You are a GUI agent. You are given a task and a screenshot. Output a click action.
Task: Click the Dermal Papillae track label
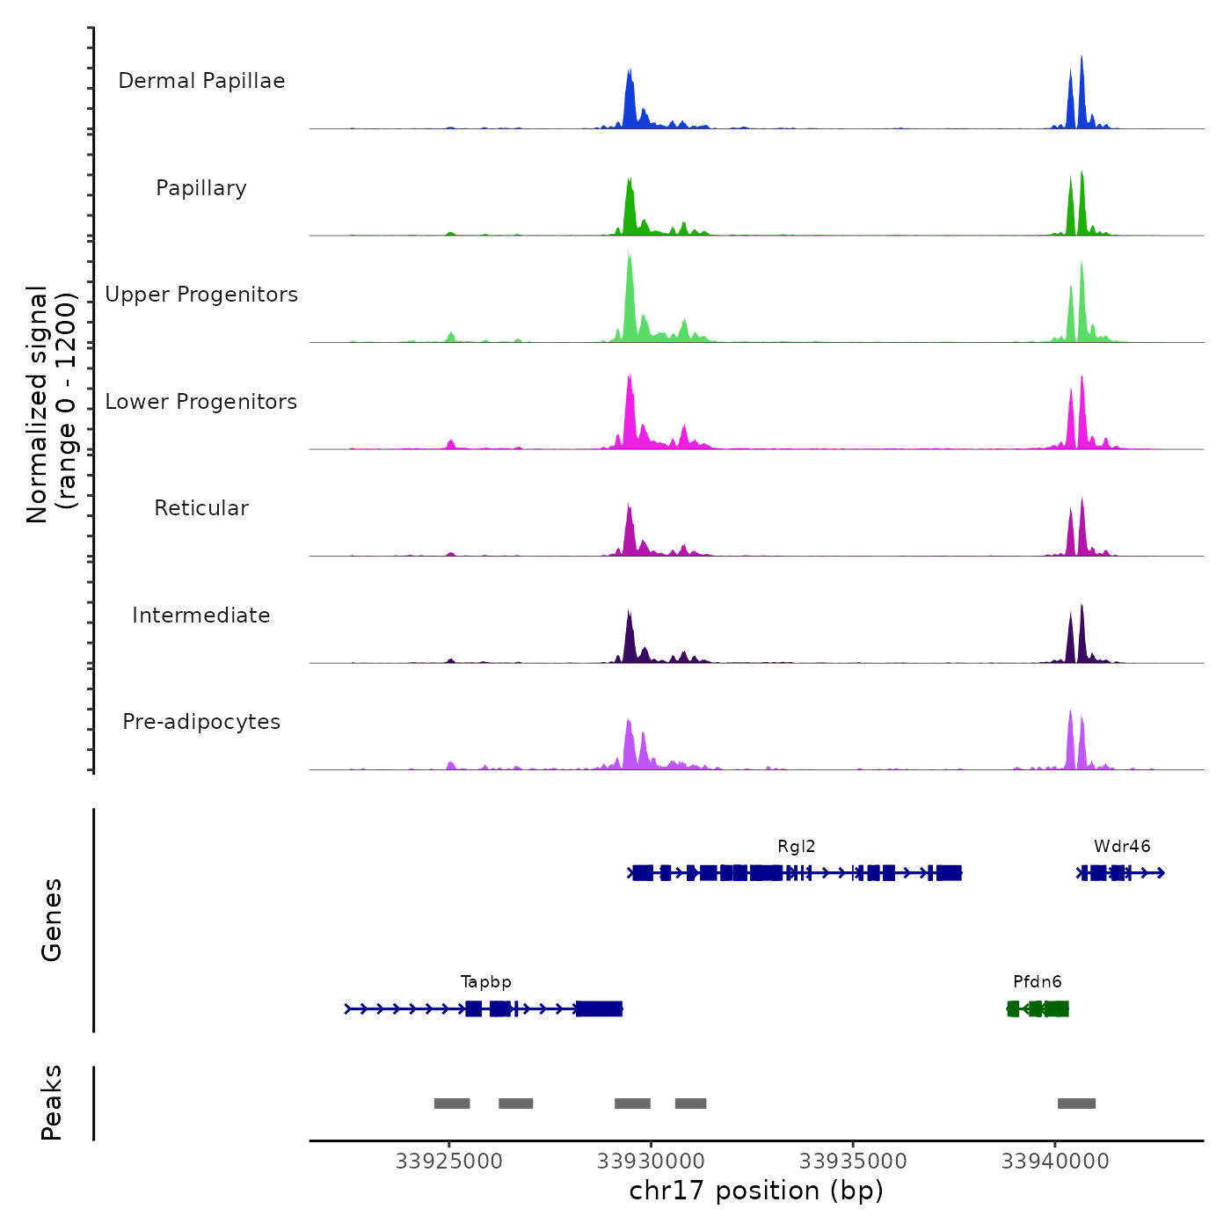point(201,81)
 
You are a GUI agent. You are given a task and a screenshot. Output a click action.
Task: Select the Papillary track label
point(201,188)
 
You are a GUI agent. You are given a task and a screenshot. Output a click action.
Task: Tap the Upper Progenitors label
point(201,295)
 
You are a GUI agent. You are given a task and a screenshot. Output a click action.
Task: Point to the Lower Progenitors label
point(201,402)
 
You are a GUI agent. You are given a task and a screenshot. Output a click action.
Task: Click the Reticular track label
point(201,508)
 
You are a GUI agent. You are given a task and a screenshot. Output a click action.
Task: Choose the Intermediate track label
point(201,615)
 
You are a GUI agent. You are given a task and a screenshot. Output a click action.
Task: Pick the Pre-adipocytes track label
point(201,722)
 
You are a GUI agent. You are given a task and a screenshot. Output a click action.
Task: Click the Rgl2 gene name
point(796,847)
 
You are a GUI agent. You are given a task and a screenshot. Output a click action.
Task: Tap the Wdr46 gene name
point(1122,847)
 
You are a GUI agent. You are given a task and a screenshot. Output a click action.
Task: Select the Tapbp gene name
point(485,982)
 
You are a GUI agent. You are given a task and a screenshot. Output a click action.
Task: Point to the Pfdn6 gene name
point(1038,982)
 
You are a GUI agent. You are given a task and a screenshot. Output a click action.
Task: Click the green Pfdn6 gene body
point(1038,1009)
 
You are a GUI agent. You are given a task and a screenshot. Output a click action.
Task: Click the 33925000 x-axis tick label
point(449,1162)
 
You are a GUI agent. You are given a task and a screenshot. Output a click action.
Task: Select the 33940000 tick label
point(1055,1162)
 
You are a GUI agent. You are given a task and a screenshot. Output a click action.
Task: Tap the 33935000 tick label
point(853,1162)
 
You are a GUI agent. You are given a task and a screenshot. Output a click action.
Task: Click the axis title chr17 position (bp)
point(756,1191)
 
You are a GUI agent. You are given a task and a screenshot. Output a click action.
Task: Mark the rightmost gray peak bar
point(1076,1104)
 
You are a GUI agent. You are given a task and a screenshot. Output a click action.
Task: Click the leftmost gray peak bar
point(452,1104)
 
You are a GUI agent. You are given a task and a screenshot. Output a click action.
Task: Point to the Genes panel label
point(52,920)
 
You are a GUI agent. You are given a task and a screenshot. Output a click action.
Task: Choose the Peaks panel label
point(52,1103)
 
